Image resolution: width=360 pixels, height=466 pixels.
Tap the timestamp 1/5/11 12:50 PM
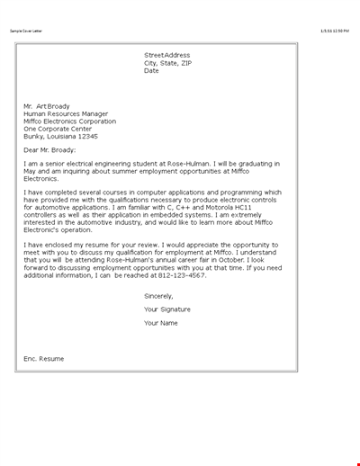(335, 31)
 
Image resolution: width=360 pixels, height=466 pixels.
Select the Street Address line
(167, 55)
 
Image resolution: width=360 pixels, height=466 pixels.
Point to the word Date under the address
(151, 71)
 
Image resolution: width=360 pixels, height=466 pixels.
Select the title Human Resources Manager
(66, 114)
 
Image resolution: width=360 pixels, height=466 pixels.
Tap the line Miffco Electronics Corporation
(69, 121)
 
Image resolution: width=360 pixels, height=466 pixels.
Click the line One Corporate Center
(58, 129)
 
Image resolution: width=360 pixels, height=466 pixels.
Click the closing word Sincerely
(158, 295)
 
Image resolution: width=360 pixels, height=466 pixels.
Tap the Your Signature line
(167, 309)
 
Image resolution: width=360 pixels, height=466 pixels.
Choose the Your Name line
(163, 322)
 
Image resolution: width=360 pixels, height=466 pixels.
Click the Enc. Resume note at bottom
(44, 358)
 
